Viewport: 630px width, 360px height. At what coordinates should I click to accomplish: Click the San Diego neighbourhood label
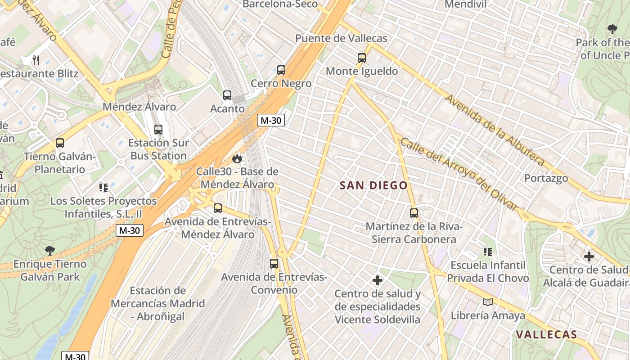click(373, 185)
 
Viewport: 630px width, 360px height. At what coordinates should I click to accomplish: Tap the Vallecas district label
click(546, 334)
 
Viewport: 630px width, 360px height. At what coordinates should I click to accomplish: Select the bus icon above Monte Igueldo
click(362, 58)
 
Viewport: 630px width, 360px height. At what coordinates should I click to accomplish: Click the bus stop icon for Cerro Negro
click(281, 70)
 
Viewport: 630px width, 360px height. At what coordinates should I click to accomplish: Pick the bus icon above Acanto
click(227, 95)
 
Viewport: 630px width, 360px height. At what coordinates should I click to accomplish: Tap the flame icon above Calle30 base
click(237, 158)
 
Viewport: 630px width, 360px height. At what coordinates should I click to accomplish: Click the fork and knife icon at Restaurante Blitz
click(36, 60)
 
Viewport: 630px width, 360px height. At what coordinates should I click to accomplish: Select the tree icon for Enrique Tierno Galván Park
click(49, 251)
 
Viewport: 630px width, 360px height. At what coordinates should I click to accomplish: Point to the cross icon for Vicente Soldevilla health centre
click(378, 281)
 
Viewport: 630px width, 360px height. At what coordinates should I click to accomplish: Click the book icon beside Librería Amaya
click(487, 302)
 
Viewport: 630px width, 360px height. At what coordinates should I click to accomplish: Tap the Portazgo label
click(546, 178)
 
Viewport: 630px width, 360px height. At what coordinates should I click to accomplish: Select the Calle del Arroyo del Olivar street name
click(459, 174)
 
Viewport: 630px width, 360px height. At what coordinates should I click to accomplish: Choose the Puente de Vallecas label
click(341, 38)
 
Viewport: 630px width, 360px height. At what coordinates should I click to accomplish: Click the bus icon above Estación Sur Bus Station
click(158, 130)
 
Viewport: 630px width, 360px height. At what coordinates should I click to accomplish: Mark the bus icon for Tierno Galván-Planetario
click(60, 143)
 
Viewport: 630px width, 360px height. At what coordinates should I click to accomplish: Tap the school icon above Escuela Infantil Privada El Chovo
click(487, 252)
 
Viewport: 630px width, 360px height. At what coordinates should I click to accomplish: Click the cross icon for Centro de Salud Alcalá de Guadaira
click(589, 256)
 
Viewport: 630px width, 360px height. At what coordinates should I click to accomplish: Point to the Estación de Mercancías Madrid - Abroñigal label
click(157, 303)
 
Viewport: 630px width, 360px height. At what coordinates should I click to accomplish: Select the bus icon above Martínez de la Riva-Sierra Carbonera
click(414, 213)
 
